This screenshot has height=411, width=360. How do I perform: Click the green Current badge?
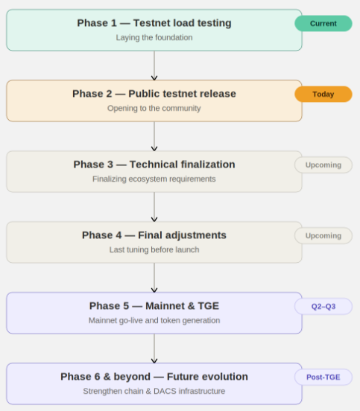(x=323, y=24)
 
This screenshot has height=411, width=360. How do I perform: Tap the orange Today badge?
(x=323, y=95)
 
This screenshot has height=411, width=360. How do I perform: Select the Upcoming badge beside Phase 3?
(x=323, y=165)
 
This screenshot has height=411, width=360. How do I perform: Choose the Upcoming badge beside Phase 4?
(x=323, y=235)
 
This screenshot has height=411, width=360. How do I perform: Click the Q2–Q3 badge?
(x=323, y=306)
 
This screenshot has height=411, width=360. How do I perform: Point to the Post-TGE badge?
(x=323, y=377)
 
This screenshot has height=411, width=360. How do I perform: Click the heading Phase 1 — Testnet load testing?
(x=154, y=23)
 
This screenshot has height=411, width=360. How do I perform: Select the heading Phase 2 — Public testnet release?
(x=154, y=94)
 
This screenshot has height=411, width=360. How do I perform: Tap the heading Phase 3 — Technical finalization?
(x=154, y=165)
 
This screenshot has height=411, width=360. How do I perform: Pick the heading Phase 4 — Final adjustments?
(x=154, y=235)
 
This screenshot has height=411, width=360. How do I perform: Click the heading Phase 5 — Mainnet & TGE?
(x=154, y=306)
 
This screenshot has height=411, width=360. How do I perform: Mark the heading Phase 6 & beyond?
(x=154, y=377)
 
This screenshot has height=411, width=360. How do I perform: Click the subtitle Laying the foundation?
(x=154, y=37)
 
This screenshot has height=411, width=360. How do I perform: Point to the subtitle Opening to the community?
(x=154, y=108)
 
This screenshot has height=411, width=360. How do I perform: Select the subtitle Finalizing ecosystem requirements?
(x=154, y=179)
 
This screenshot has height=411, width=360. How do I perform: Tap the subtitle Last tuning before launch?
(x=154, y=249)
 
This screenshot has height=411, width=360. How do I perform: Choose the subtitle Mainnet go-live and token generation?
(x=154, y=320)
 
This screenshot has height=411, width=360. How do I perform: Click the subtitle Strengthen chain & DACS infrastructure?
(x=154, y=391)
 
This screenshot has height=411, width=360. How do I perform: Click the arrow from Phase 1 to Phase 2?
(x=154, y=66)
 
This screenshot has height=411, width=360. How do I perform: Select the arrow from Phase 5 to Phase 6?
(x=154, y=348)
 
